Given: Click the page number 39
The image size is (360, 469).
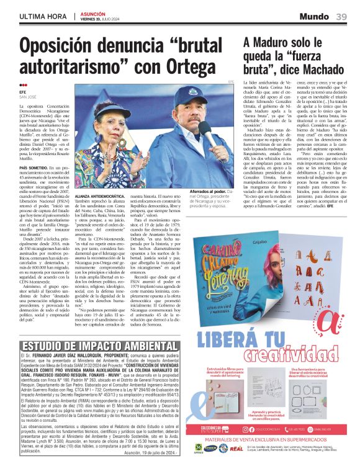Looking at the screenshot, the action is pos(342,16).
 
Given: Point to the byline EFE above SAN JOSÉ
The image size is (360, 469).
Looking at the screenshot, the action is pos(23,92).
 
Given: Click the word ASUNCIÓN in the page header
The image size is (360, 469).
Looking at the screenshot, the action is pos(92,14).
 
